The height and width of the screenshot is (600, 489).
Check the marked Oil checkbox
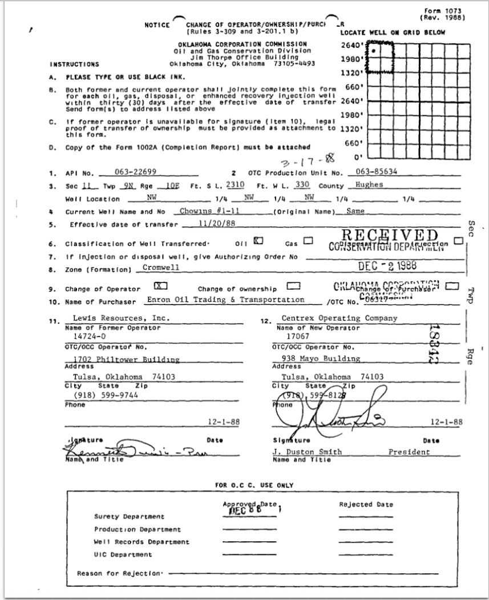click(258, 241)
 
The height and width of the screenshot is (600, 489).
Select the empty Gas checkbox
click(308, 241)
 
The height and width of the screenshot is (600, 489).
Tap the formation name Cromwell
click(158, 267)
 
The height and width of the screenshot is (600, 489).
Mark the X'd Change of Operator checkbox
click(160, 287)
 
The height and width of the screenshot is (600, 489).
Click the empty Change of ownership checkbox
click(293, 287)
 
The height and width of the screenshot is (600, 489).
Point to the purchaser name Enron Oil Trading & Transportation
click(225, 300)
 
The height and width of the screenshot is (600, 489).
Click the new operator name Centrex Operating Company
click(340, 318)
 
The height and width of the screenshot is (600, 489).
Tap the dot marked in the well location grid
click(373, 50)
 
